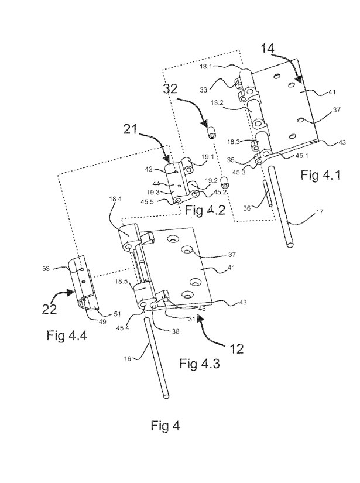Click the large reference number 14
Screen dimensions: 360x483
point(268,49)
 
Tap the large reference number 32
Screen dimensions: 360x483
point(170,88)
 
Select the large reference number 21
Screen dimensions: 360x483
point(131,129)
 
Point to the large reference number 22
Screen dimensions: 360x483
point(49,309)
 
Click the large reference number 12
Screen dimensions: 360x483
point(236,349)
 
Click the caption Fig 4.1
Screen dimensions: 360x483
point(321,174)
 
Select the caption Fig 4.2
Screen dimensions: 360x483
point(205,210)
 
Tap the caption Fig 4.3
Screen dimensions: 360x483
point(200,364)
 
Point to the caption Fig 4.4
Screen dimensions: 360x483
point(67,335)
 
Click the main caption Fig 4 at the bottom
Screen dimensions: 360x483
point(166,426)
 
